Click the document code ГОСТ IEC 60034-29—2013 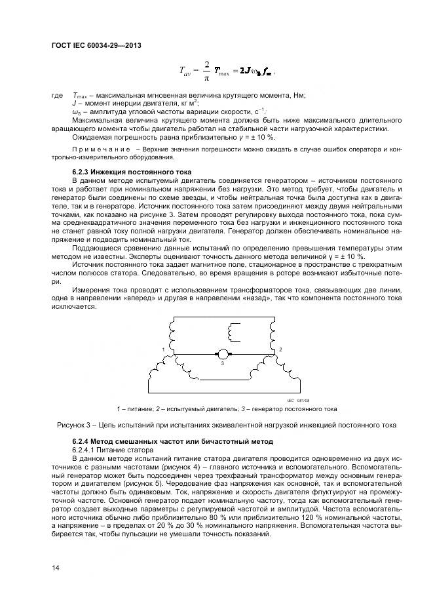tap(96, 45)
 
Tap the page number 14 tap(56, 567)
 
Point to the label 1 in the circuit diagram tap(162, 350)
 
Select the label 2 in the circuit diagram tap(280, 349)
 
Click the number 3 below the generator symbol tap(222, 363)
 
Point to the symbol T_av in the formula tap(187, 69)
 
